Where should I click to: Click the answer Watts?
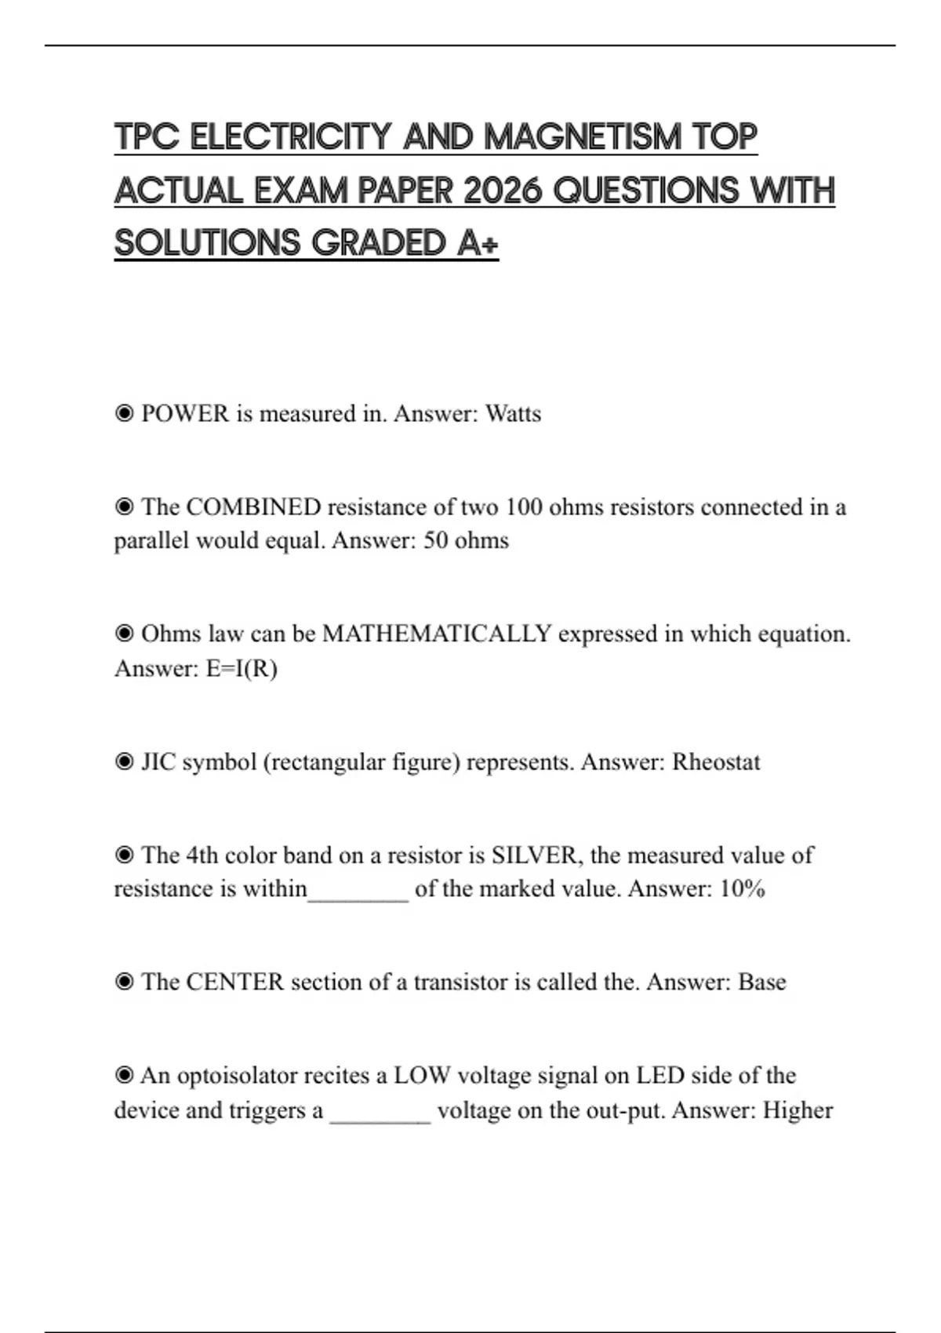point(513,413)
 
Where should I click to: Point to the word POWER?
point(185,413)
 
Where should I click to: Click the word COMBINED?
point(253,507)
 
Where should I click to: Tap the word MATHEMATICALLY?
point(437,634)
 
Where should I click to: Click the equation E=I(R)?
point(242,669)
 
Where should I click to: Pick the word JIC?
point(158,762)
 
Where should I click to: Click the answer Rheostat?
point(716,762)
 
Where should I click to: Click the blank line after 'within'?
point(358,894)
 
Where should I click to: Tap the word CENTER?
point(234,982)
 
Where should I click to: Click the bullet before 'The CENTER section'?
point(124,982)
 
